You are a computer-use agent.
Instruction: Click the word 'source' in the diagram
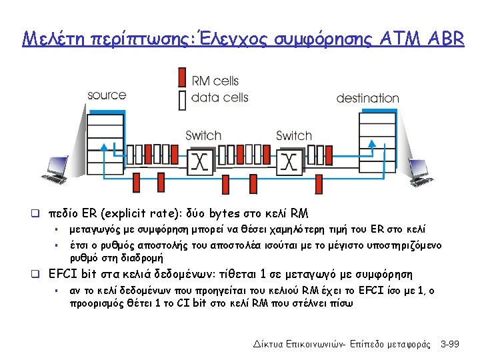click(107, 95)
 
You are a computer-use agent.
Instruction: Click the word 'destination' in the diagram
click(367, 98)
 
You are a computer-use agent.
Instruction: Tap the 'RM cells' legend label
click(215, 81)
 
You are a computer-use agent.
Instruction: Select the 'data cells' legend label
click(219, 97)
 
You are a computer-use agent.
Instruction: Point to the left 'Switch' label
click(203, 135)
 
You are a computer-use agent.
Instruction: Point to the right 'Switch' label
click(294, 135)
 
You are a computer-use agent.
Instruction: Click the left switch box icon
click(199, 161)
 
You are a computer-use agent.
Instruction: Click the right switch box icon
click(288, 161)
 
